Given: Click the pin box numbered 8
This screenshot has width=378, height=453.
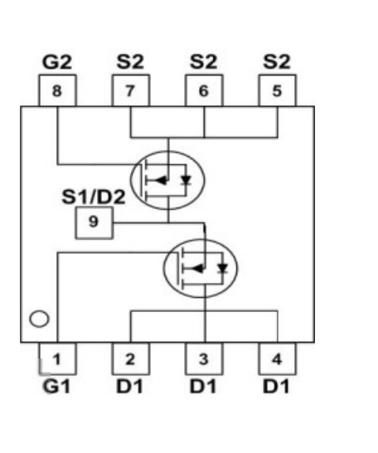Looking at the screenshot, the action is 57,90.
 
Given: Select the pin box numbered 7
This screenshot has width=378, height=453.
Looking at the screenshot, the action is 131,90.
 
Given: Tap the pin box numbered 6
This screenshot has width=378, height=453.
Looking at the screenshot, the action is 204,90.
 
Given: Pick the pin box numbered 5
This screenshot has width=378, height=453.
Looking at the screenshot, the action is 278,90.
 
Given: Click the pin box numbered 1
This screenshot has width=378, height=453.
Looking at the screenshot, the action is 57,358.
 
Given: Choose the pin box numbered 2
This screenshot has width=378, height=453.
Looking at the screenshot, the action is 131,358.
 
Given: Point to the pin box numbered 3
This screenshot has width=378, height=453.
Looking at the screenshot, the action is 204,358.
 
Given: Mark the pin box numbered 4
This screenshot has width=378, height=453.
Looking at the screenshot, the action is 278,358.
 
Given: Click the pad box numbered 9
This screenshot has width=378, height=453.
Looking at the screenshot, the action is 94,222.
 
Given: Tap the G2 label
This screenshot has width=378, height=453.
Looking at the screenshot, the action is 57,62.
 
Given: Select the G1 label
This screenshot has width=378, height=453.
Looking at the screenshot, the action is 56,387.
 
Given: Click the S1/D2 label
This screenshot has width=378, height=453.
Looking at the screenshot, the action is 94,197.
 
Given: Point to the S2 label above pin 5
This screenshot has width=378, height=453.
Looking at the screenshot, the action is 277,62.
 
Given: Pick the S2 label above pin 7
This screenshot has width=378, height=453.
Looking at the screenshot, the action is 130,62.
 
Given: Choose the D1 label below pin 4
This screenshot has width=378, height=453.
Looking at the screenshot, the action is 276,387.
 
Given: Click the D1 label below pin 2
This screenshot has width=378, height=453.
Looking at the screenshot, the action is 129,387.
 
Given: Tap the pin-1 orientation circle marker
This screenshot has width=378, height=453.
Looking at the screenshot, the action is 39,319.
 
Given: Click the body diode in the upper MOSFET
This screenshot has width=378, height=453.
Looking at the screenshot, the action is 187,180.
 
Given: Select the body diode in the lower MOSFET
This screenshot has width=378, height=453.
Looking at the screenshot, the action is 222,268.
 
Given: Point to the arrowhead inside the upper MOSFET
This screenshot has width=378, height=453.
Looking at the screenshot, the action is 161,180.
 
